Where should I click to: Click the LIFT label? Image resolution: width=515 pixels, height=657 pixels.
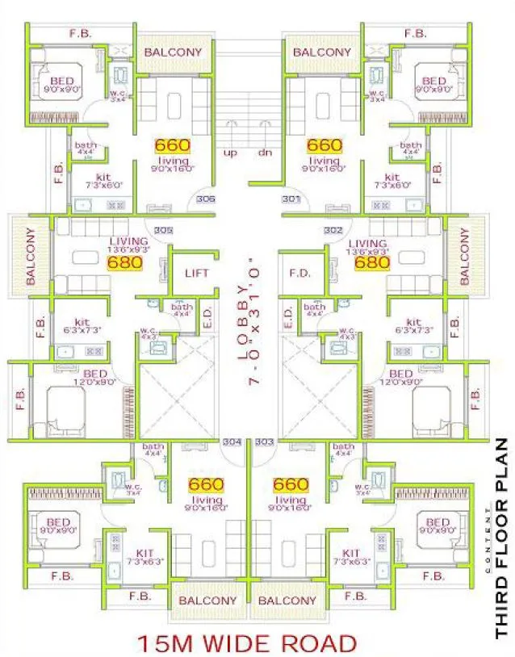click(196, 273)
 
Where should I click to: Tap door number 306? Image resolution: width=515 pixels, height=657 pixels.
click(205, 199)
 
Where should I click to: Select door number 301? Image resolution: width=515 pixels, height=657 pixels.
click(291, 199)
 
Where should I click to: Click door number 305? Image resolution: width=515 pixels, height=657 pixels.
click(163, 230)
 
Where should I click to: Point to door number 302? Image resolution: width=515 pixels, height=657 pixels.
click(333, 230)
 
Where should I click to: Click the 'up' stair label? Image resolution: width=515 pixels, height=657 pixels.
click(230, 153)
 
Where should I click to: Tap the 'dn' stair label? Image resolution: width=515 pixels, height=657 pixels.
click(264, 153)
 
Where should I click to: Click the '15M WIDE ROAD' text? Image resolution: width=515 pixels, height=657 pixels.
click(246, 643)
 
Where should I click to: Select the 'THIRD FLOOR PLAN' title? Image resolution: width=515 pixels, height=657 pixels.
click(501, 538)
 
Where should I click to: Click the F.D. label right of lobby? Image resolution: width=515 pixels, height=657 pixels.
click(299, 273)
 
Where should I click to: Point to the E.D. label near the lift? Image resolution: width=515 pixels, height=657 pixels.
click(207, 319)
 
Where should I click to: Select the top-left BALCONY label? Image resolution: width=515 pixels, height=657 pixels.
click(173, 52)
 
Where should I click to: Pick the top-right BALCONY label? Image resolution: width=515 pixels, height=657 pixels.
click(322, 52)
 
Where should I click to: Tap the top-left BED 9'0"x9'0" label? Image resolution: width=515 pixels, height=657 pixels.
click(61, 86)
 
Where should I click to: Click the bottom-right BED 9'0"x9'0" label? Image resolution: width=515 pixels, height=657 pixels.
click(437, 527)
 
